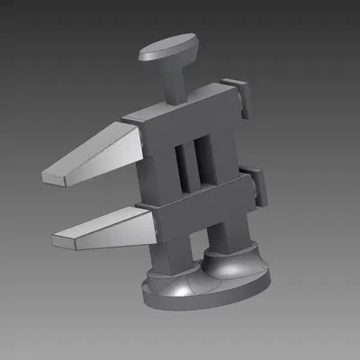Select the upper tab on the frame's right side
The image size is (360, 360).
coord(241,96)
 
